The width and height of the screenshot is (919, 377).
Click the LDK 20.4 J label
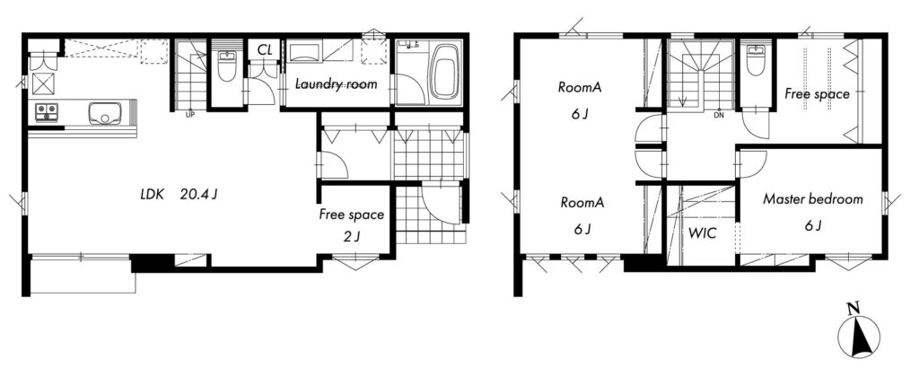pyautogui.click(x=179, y=195)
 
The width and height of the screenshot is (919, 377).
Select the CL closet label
pyautogui.click(x=265, y=50)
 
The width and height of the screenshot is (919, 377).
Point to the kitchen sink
pyautogui.click(x=105, y=112)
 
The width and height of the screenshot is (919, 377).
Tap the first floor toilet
pyautogui.click(x=227, y=66)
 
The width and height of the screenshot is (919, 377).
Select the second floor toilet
pyautogui.click(x=756, y=60)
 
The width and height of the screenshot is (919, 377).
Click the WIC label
pyautogui.click(x=702, y=233)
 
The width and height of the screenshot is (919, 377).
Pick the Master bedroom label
pyautogui.click(x=812, y=199)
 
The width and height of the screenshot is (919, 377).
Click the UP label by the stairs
pyautogui.click(x=190, y=115)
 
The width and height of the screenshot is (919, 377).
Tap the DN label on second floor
pyautogui.click(x=719, y=115)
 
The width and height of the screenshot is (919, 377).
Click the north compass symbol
pyautogui.click(x=859, y=338)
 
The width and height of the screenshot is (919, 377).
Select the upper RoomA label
pyautogui.click(x=581, y=88)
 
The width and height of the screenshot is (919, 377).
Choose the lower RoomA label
pyautogui.click(x=582, y=203)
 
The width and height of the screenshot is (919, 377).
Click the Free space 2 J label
pyautogui.click(x=351, y=225)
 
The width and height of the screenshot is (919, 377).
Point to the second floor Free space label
pyautogui.click(x=817, y=94)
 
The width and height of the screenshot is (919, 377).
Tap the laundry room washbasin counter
pyautogui.click(x=306, y=50)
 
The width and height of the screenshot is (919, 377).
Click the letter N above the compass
pyautogui.click(x=854, y=307)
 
